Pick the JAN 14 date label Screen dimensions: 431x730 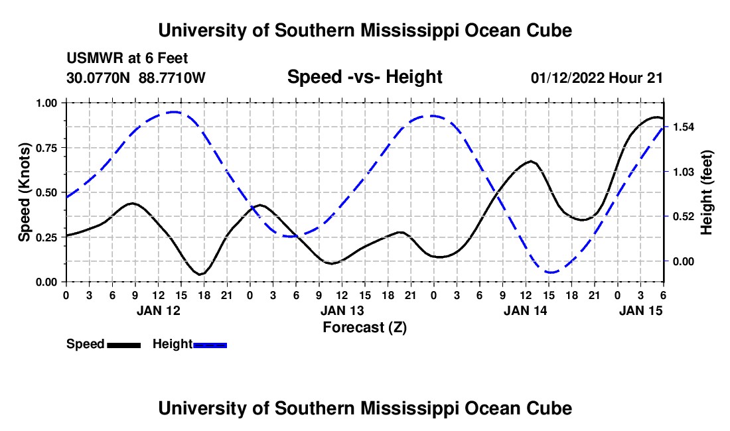[x=526, y=310]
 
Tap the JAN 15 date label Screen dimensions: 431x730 [x=640, y=310]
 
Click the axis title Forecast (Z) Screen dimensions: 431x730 [x=364, y=327]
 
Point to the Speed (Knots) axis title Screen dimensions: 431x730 [x=25, y=192]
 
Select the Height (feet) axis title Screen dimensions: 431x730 [x=706, y=192]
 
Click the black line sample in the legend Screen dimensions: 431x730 [x=123, y=344]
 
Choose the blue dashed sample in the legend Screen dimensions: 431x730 [x=210, y=344]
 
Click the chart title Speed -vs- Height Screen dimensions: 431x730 [x=364, y=78]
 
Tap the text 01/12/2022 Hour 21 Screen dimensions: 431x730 [x=597, y=78]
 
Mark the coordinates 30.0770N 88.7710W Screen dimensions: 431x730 [x=136, y=78]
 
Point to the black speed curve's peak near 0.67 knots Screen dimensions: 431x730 [x=531, y=161]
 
